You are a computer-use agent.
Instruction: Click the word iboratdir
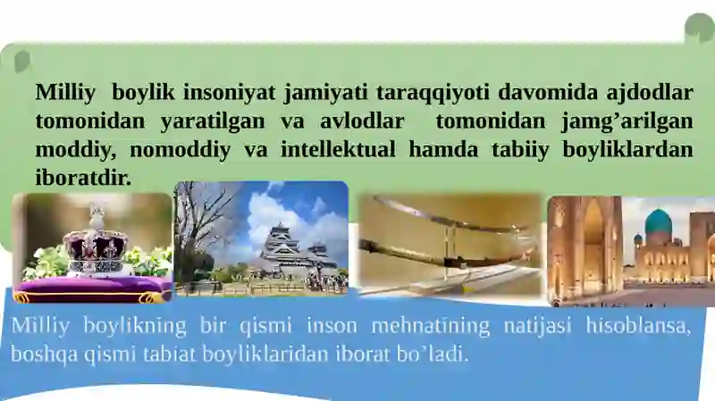click(x=83, y=178)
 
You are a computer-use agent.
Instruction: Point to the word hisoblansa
click(x=638, y=326)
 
